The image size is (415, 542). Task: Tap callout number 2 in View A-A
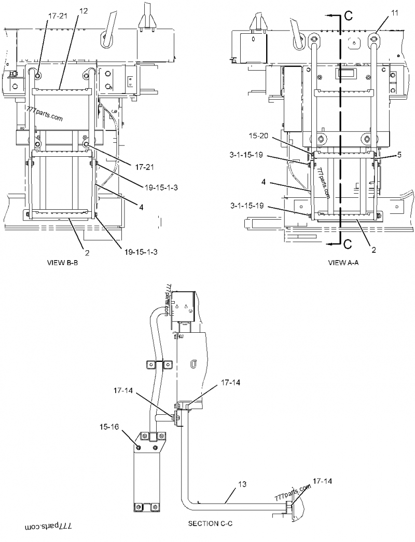point(374,250)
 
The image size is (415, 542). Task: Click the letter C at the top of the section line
point(348,16)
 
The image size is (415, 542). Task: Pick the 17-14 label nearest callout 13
point(322,481)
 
